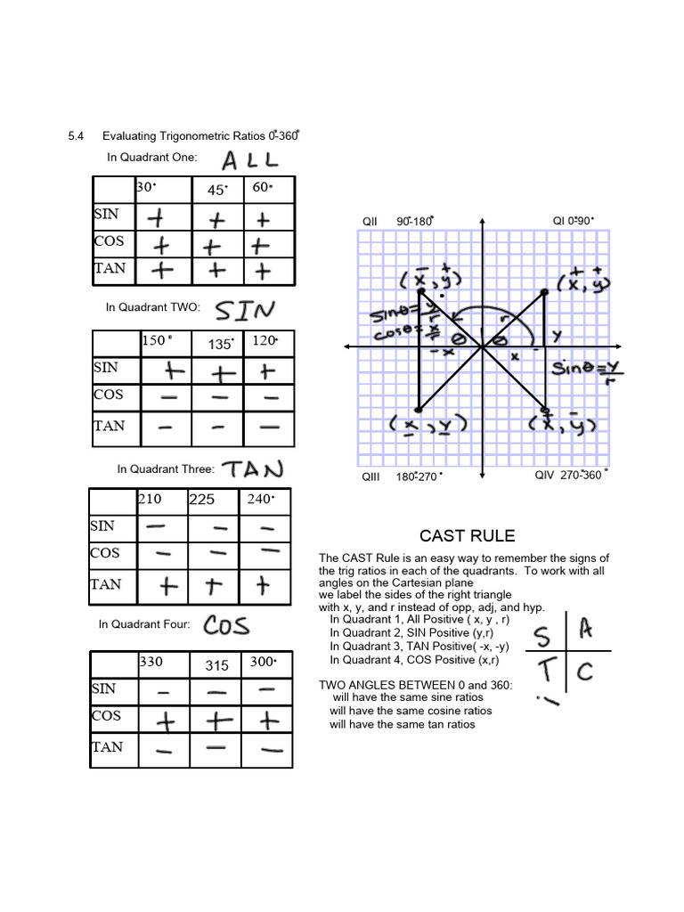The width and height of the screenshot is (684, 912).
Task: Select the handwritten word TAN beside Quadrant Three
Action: tap(252, 468)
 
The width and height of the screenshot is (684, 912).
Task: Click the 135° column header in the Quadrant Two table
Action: tap(221, 344)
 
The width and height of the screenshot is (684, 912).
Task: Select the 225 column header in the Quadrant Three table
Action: tap(202, 500)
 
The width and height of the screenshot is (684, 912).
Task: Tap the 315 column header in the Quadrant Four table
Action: tap(217, 664)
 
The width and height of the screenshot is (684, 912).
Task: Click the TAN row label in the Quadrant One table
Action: tap(109, 268)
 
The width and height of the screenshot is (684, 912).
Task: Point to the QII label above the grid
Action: tap(370, 221)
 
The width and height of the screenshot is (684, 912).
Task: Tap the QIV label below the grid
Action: tap(544, 475)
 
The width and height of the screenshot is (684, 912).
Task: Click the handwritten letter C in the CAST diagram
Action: tap(584, 671)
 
